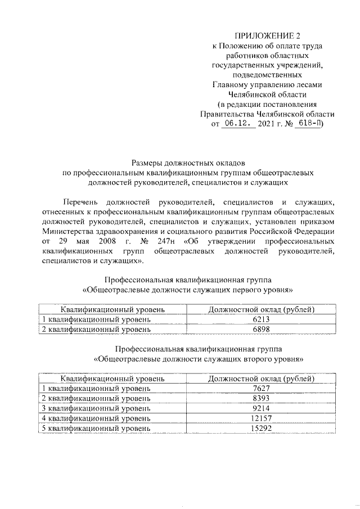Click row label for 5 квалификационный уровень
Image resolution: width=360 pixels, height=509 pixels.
point(97,428)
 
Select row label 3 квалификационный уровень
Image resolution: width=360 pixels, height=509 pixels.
point(97,408)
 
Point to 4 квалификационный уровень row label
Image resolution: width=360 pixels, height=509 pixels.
point(97,418)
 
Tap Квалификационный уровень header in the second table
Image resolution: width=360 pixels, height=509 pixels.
point(112,379)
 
